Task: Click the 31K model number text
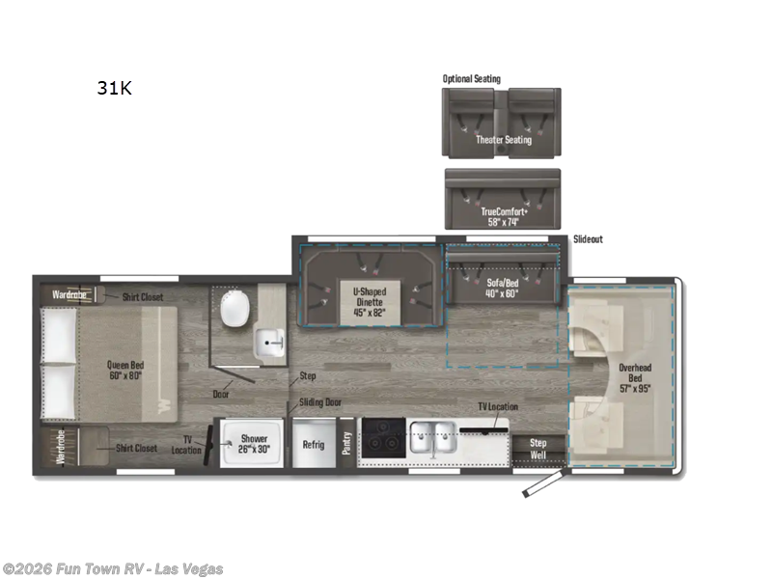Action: click(113, 88)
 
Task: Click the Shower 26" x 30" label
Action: click(254, 444)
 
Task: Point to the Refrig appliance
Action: click(314, 445)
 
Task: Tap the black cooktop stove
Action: click(381, 437)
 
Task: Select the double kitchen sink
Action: click(430, 436)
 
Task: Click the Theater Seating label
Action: click(503, 140)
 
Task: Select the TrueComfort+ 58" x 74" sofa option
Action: click(502, 215)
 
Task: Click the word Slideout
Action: click(588, 238)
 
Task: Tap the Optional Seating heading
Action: click(472, 79)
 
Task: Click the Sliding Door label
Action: click(320, 402)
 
